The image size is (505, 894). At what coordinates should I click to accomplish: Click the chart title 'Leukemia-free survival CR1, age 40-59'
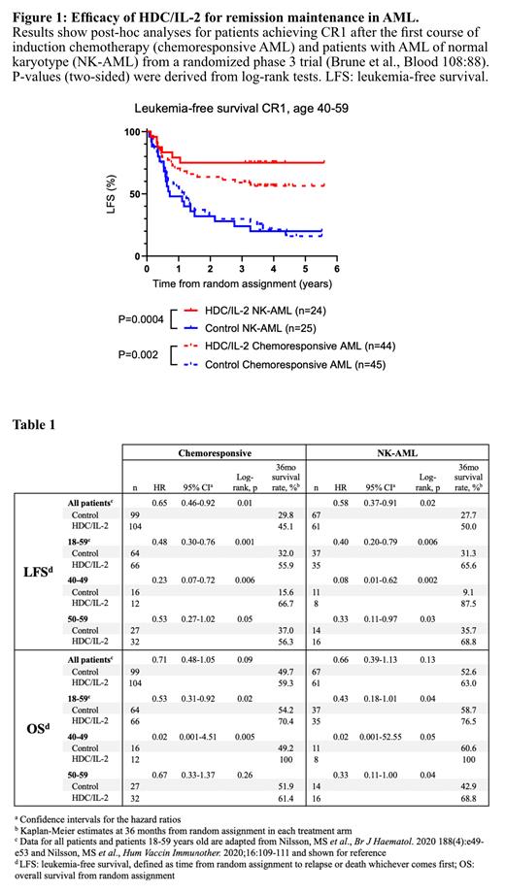(x=249, y=114)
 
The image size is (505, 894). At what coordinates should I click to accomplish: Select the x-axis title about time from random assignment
(x=245, y=286)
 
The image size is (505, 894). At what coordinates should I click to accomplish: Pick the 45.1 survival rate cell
(x=286, y=527)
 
